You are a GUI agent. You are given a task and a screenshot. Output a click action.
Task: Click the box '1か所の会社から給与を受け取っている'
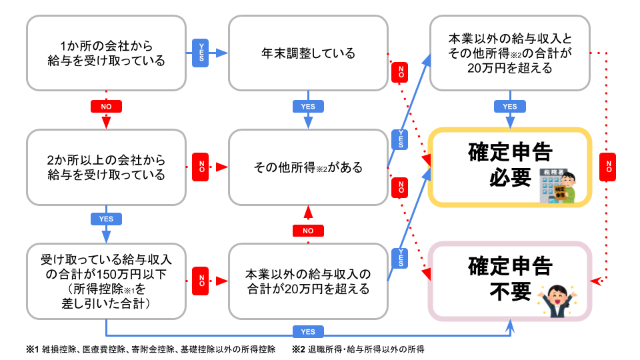coord(106,53)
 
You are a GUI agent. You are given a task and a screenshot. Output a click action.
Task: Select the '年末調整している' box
coord(308,53)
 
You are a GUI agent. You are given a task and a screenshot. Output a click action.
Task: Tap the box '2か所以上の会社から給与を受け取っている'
coord(106,167)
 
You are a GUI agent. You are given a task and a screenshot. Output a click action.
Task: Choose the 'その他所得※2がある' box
coord(308,167)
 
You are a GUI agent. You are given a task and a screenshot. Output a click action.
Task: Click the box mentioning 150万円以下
coord(106,281)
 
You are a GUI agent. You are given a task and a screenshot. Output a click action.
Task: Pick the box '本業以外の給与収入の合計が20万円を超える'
coord(308,281)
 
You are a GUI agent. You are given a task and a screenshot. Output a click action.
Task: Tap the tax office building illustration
coord(561,183)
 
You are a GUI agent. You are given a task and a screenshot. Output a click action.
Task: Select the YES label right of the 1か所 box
coord(200,53)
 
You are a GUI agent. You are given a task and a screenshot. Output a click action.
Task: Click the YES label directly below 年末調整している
coord(308,106)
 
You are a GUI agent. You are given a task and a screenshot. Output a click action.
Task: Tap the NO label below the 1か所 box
coord(106,106)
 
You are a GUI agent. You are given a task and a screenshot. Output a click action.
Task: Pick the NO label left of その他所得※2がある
coord(200,167)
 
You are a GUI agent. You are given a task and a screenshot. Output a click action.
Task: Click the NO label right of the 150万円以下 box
coord(200,281)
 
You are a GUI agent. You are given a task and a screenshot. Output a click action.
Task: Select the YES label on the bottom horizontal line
coord(308,331)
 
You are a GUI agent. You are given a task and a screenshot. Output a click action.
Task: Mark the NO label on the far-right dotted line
coord(607,167)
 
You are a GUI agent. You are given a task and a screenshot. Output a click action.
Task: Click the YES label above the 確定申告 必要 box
coord(510,106)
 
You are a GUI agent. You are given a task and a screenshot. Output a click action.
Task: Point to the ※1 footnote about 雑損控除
coord(151,349)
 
